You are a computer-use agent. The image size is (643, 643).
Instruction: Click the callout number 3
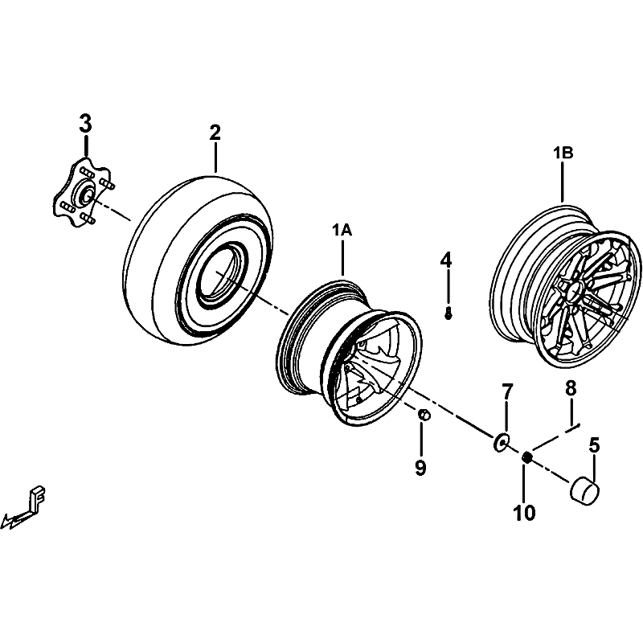(x=85, y=125)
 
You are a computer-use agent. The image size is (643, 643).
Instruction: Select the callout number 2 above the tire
(x=215, y=133)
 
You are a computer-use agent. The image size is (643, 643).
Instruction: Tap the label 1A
(x=342, y=231)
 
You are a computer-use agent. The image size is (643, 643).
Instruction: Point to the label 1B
(x=562, y=154)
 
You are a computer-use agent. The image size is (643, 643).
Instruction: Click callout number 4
(x=446, y=260)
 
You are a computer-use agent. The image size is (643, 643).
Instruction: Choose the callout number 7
(x=507, y=392)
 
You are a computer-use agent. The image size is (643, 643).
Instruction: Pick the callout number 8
(x=571, y=389)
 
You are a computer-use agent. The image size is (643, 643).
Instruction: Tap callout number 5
(x=595, y=444)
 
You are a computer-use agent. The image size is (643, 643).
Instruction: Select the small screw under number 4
(x=448, y=313)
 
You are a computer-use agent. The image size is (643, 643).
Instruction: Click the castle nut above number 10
(x=527, y=457)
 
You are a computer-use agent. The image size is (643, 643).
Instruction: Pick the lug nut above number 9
(x=424, y=414)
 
